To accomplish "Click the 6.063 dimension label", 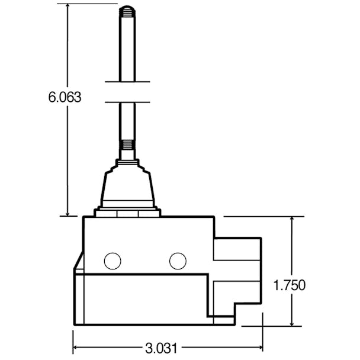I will [x=65, y=97].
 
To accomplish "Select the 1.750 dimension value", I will [x=289, y=285].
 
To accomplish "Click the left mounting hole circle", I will [x=112, y=260].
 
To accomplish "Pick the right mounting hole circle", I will [x=177, y=260].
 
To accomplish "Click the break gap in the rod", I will [x=127, y=91].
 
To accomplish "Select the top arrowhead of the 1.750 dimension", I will [x=292, y=221].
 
